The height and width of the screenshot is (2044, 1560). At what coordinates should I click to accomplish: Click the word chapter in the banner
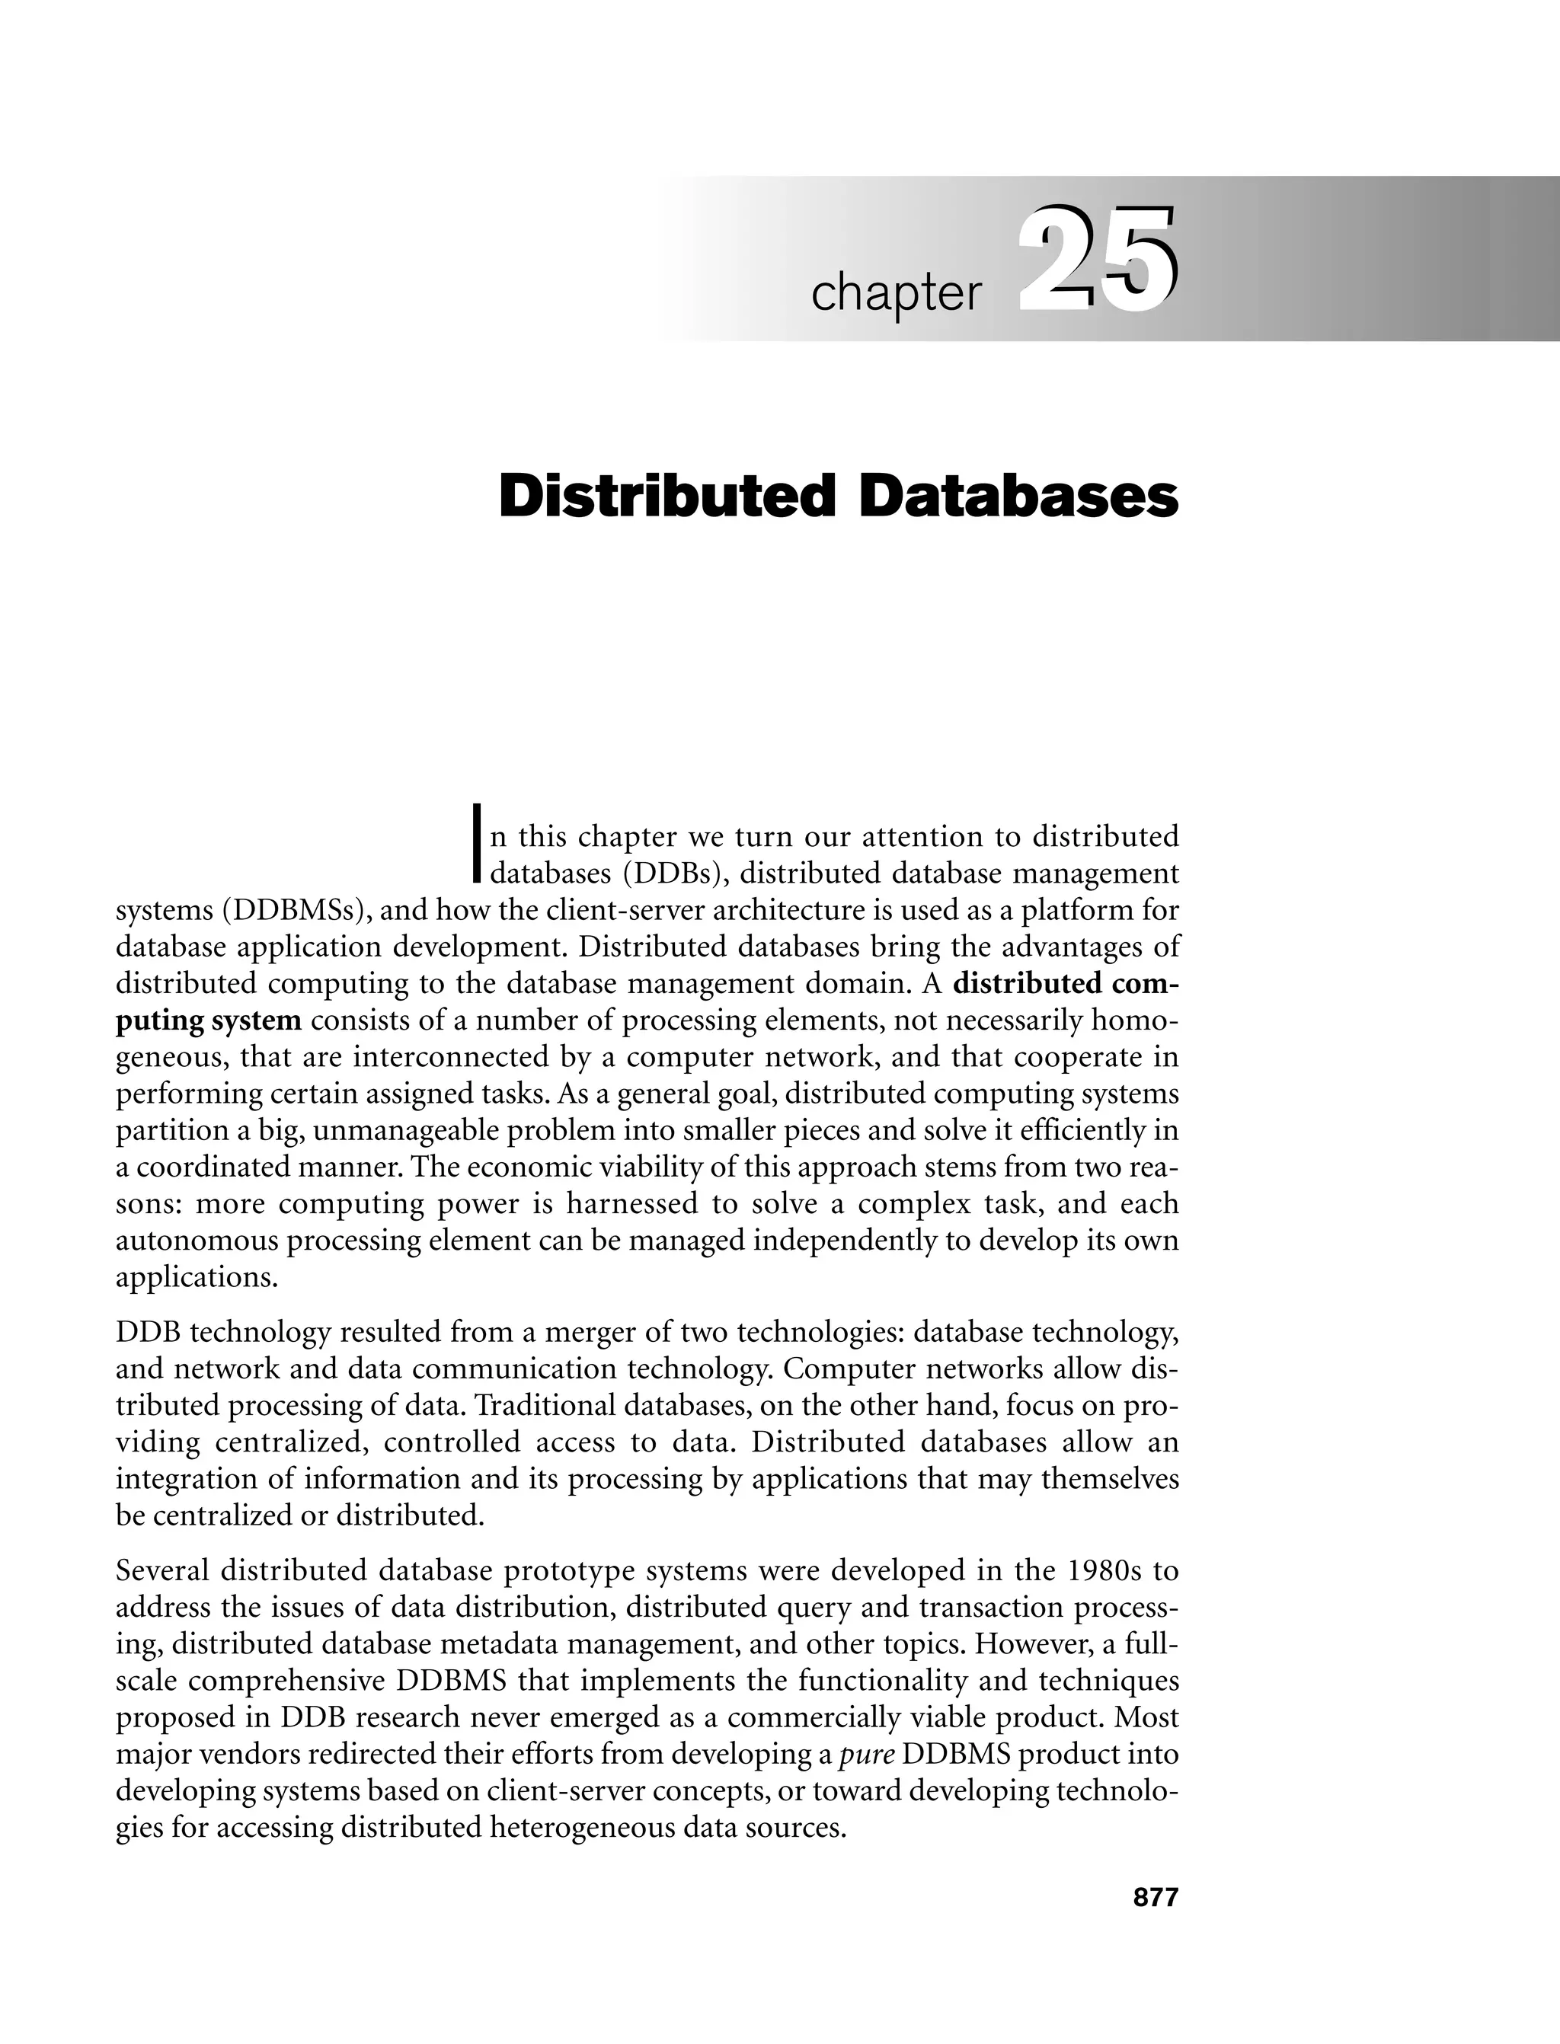point(895,293)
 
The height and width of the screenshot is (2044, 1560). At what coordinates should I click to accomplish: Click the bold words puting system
point(208,1020)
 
